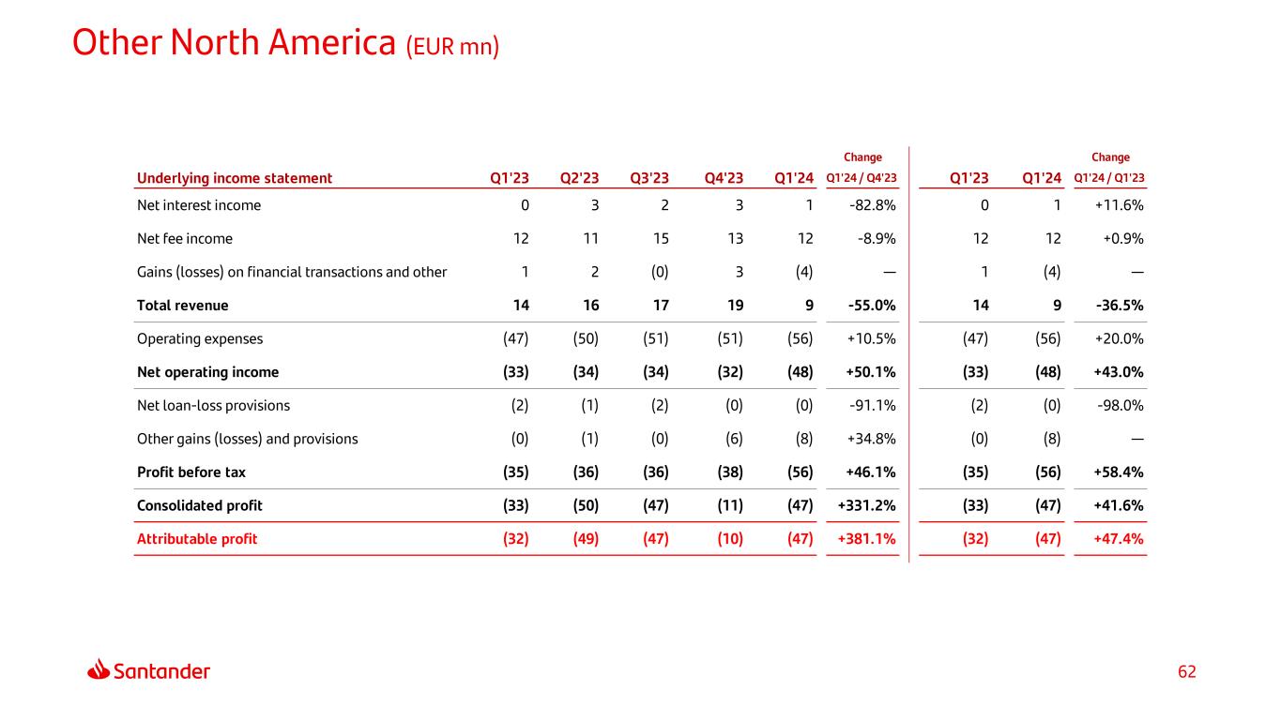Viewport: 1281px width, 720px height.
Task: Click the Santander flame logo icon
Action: tap(99, 669)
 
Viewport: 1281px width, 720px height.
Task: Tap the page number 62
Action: tap(1186, 671)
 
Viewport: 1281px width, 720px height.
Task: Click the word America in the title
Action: tap(331, 43)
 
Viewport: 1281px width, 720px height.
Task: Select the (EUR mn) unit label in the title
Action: tap(452, 47)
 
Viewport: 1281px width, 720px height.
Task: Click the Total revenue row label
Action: tap(182, 306)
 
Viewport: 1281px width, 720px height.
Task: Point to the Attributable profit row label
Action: tap(197, 539)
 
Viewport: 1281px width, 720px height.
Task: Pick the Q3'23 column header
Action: tap(649, 178)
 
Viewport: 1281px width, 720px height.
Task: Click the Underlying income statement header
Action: tap(235, 178)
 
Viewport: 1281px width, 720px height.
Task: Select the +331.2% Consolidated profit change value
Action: tap(866, 505)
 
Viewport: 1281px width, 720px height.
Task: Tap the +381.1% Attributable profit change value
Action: tap(866, 539)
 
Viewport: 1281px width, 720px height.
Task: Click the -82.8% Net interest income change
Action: tap(872, 205)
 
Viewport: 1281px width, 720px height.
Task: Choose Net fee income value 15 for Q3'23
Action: tap(661, 239)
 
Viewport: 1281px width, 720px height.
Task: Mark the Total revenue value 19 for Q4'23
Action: tap(736, 306)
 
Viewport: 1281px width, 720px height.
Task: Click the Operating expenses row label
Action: tap(200, 338)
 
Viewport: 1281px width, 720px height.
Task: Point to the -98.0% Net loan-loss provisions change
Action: tap(1120, 406)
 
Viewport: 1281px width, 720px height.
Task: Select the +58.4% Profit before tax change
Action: tap(1119, 472)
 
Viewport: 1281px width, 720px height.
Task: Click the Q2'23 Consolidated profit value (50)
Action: tap(586, 505)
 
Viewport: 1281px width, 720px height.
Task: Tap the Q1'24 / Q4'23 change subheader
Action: tap(862, 178)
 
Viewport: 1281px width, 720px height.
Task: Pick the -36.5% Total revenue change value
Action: tap(1120, 306)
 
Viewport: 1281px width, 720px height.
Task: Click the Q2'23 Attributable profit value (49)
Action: tap(586, 539)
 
